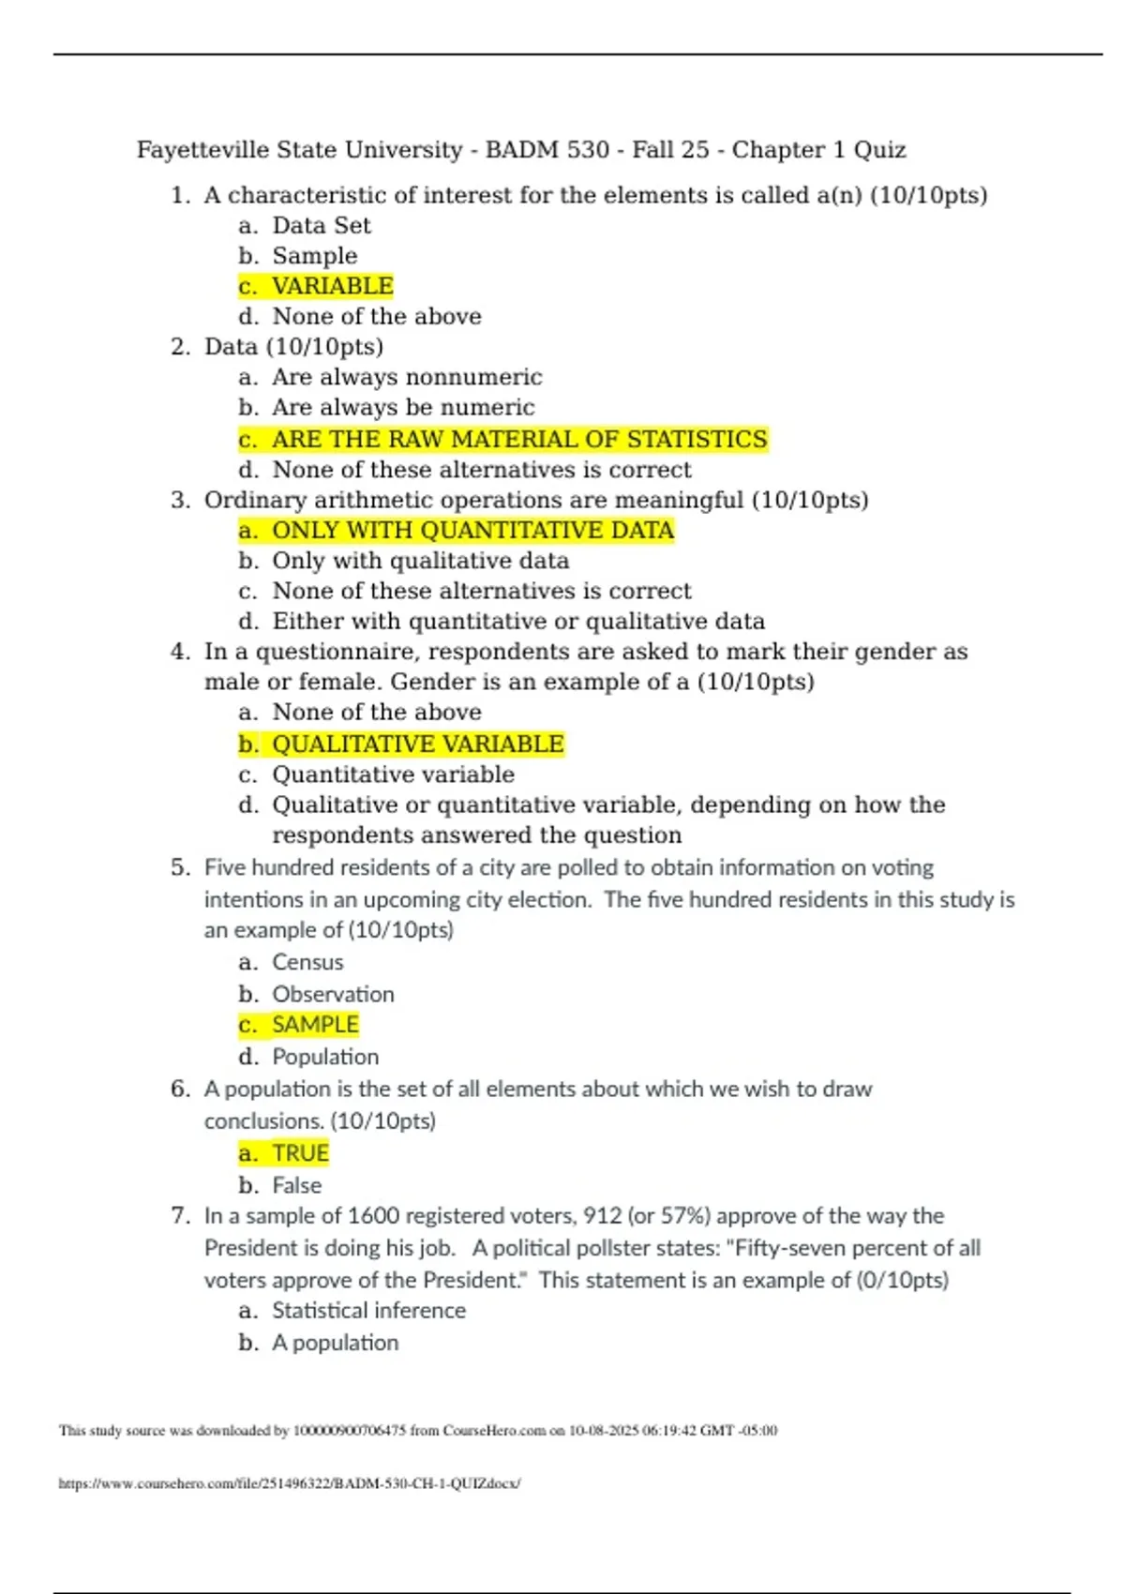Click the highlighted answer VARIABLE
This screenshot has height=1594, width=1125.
(332, 286)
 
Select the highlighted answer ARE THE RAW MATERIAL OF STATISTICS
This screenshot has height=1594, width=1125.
(518, 439)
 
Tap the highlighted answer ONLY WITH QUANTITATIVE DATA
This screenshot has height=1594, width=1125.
(472, 531)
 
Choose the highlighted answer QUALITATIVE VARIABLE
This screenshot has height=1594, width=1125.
(417, 744)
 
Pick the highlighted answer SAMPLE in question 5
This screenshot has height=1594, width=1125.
(315, 1025)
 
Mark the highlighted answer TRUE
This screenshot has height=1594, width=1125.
(300, 1153)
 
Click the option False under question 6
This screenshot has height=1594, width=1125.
(296, 1185)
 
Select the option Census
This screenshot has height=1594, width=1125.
(307, 962)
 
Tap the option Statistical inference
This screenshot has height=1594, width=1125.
(368, 1310)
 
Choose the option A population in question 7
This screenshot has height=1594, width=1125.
(335, 1343)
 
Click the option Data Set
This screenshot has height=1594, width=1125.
(321, 225)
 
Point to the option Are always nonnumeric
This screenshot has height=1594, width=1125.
(407, 377)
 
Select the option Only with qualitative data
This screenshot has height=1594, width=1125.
(420, 561)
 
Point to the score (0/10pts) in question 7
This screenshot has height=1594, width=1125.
(902, 1280)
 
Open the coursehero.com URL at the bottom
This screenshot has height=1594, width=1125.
(289, 1483)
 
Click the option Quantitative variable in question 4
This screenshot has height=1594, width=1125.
(393, 774)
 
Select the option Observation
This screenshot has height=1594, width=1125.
(333, 994)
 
